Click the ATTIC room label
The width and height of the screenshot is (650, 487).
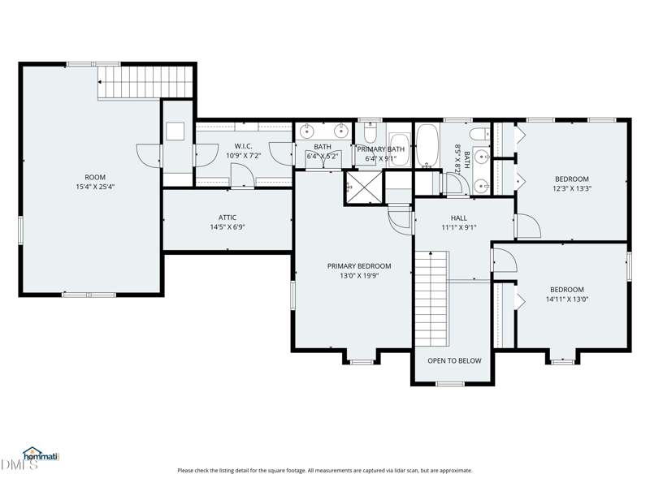(227, 218)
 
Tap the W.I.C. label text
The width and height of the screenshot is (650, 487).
(243, 146)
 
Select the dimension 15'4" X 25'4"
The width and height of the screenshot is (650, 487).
(95, 187)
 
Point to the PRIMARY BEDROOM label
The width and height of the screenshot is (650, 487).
(359, 266)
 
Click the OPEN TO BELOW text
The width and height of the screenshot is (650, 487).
(454, 360)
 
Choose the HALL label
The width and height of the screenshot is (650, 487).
(459, 218)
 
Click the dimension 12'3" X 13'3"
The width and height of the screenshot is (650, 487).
(572, 188)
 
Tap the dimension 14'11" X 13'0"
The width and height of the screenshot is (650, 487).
(567, 299)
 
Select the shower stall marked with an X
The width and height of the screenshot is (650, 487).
(364, 187)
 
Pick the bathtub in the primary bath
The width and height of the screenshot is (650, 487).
(400, 150)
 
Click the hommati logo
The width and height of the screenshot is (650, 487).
(41, 455)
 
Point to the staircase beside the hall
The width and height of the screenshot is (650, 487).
(432, 299)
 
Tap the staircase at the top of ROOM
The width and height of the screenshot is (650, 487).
(146, 82)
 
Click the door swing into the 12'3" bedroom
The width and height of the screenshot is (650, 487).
(527, 226)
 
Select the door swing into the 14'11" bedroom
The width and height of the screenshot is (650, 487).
(504, 260)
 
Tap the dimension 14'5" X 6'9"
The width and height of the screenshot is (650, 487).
(227, 227)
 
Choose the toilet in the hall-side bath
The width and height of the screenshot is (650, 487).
(479, 134)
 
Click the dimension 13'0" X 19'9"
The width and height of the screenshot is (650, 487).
(359, 275)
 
